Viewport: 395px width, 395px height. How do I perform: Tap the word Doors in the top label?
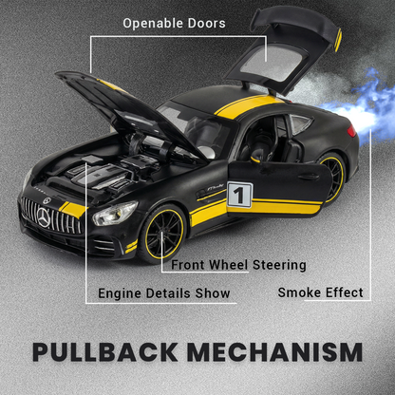[x=207, y=24]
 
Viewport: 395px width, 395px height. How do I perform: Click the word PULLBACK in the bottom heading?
[x=105, y=351]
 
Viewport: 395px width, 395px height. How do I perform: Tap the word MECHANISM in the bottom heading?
[x=275, y=351]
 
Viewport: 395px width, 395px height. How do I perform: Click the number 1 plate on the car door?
[x=239, y=195]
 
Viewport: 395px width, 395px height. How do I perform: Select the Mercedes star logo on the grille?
[x=44, y=217]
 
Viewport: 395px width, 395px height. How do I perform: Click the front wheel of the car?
[x=162, y=235]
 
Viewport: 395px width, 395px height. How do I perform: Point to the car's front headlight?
[x=115, y=213]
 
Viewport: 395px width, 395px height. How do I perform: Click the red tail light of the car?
[x=351, y=131]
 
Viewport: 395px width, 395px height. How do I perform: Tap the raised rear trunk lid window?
[x=273, y=63]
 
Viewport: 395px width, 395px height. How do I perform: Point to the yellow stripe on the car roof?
[x=249, y=105]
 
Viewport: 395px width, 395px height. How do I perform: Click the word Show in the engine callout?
[x=213, y=293]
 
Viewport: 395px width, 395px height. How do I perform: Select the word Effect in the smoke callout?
[x=345, y=292]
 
